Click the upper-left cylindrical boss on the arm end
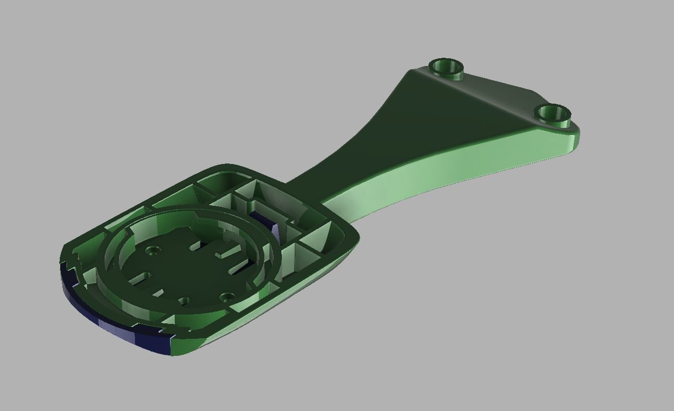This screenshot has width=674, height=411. tap(446, 67)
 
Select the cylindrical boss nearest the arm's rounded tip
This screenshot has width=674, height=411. tap(552, 112)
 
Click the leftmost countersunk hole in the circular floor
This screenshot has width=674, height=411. tap(153, 251)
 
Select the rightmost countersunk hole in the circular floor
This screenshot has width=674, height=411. tap(227, 297)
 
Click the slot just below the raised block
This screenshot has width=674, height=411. tap(238, 267)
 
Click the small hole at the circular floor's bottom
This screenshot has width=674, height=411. tap(183, 301)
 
